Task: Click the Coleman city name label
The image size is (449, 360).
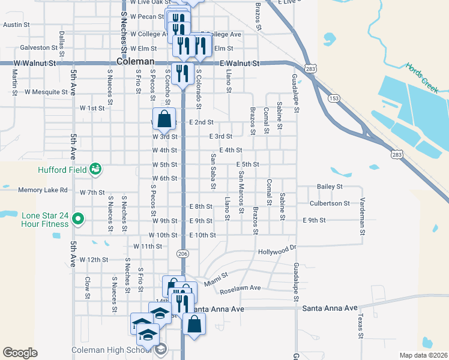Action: coord(135,62)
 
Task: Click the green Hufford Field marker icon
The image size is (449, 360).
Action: coord(95,169)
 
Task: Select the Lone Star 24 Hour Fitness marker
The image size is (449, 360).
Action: coord(77,220)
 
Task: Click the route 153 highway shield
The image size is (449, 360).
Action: coord(334,98)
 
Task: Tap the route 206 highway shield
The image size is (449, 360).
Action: coord(183,254)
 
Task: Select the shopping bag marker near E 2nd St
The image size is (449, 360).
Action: coord(164,120)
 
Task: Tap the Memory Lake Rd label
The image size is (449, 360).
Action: coord(43,190)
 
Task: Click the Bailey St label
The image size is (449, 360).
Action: coord(330,187)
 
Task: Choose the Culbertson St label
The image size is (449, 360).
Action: coord(330,203)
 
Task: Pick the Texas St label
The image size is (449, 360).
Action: coord(360,325)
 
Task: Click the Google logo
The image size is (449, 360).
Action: coord(20,353)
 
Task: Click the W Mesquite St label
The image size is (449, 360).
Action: coord(46,92)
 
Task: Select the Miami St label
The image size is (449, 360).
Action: coord(216,279)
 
